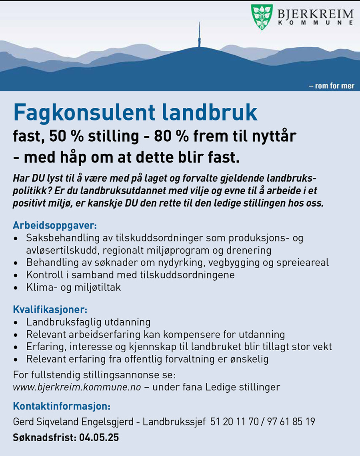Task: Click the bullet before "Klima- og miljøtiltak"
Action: click(16, 287)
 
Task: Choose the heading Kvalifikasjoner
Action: click(50, 310)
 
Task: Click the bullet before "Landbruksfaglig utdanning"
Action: click(16, 322)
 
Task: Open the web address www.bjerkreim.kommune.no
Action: click(77, 387)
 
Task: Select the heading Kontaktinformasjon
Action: click(61, 406)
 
